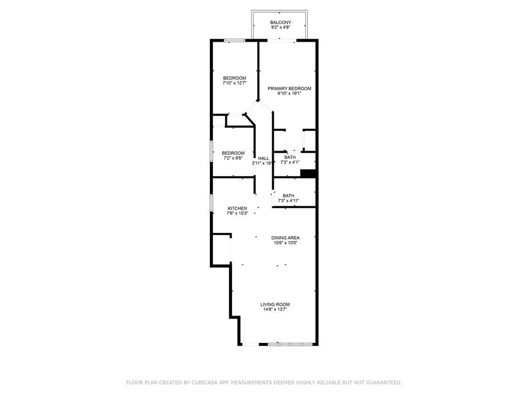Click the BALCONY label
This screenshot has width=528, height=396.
(280, 22)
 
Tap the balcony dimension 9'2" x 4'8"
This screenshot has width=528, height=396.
(280, 27)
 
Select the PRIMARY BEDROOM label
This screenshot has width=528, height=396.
(289, 89)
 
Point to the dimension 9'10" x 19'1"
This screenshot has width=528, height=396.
(289, 94)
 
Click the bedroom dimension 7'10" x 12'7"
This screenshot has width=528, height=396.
(235, 83)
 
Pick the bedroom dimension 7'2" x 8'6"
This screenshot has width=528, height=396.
(233, 158)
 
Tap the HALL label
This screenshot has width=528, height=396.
(263, 158)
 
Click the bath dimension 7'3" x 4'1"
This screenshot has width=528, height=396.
(290, 162)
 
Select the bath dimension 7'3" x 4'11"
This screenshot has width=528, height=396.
(288, 201)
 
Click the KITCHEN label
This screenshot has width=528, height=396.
(237, 208)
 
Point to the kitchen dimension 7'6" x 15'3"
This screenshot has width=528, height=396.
(237, 213)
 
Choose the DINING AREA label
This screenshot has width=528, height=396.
(286, 238)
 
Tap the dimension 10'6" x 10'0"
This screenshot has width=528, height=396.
(286, 243)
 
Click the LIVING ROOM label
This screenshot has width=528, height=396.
(275, 305)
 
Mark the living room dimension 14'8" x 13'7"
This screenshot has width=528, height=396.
(275, 310)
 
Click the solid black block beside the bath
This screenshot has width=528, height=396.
(308, 174)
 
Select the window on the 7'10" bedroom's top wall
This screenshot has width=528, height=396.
(234, 40)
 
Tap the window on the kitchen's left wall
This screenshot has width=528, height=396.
(211, 202)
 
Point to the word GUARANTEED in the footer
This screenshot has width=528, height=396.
(384, 383)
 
